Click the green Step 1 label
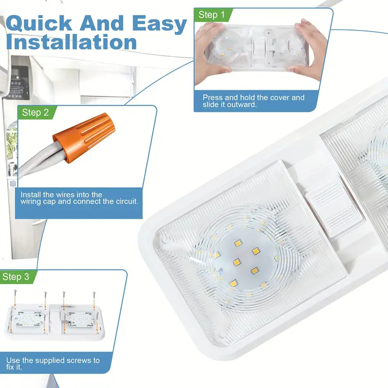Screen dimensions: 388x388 pyautogui.click(x=212, y=15)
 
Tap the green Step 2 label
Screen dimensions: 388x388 pyautogui.click(x=36, y=113)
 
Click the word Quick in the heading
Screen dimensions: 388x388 pyautogui.click(x=39, y=23)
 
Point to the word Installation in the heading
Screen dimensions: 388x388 pyautogui.click(x=71, y=42)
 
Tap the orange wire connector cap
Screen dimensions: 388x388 pyautogui.click(x=84, y=137)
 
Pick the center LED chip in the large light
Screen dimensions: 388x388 pyautogui.click(x=237, y=262)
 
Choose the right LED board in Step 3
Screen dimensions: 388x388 pyautogui.click(x=81, y=320)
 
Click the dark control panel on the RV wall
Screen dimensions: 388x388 pyautogui.click(x=17, y=82)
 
